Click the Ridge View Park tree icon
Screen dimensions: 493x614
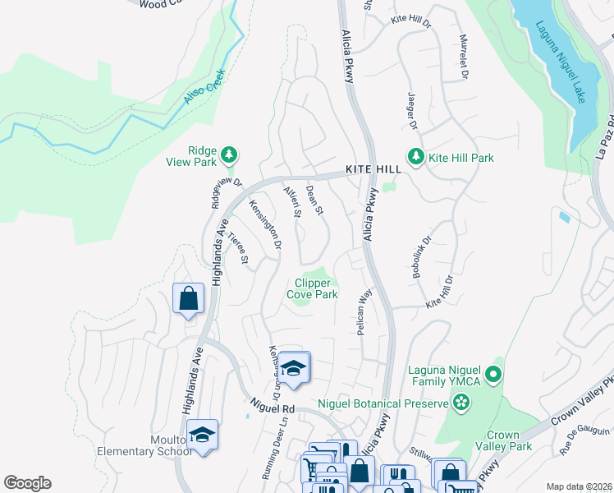231,154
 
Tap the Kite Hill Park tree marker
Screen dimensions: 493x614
416,157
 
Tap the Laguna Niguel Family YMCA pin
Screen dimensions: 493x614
493,376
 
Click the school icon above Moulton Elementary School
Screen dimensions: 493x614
202,435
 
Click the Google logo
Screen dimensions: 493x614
27,483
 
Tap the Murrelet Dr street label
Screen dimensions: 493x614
462,58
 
